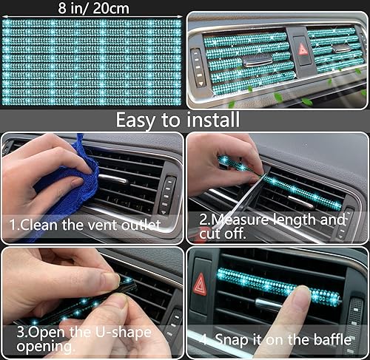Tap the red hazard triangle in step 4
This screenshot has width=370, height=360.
point(200,284)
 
